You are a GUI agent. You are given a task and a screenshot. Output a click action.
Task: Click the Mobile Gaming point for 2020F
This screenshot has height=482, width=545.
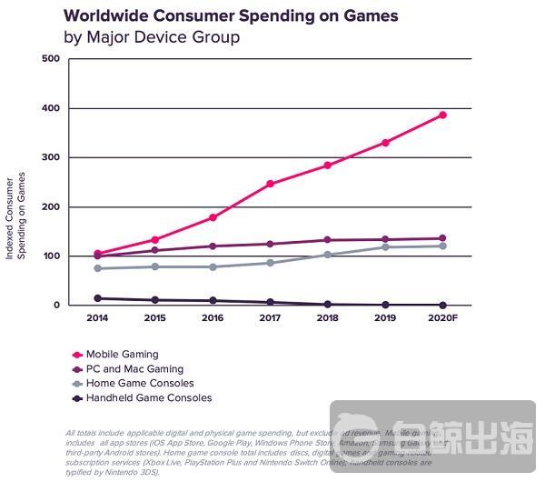click(443, 115)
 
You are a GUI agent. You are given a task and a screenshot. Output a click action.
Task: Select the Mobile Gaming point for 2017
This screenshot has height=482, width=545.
click(270, 184)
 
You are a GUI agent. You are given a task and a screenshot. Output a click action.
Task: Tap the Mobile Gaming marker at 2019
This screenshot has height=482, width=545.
click(385, 143)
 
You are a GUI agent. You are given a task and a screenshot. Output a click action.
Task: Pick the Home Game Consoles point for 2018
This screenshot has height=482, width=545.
click(327, 255)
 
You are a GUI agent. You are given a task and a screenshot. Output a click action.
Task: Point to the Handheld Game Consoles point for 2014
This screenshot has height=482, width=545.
click(97, 298)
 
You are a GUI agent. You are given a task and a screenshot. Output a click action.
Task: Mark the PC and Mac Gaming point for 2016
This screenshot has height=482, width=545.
click(213, 246)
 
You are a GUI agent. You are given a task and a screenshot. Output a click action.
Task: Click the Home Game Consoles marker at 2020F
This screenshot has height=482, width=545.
click(443, 246)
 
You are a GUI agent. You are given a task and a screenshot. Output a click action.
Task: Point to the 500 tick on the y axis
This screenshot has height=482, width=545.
click(52, 59)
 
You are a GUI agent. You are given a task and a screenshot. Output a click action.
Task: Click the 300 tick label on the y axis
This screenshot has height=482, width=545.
click(52, 158)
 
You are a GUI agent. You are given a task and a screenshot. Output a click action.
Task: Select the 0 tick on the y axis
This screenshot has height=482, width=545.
click(56, 306)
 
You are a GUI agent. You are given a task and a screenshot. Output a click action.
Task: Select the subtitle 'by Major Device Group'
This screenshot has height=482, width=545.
click(151, 37)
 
